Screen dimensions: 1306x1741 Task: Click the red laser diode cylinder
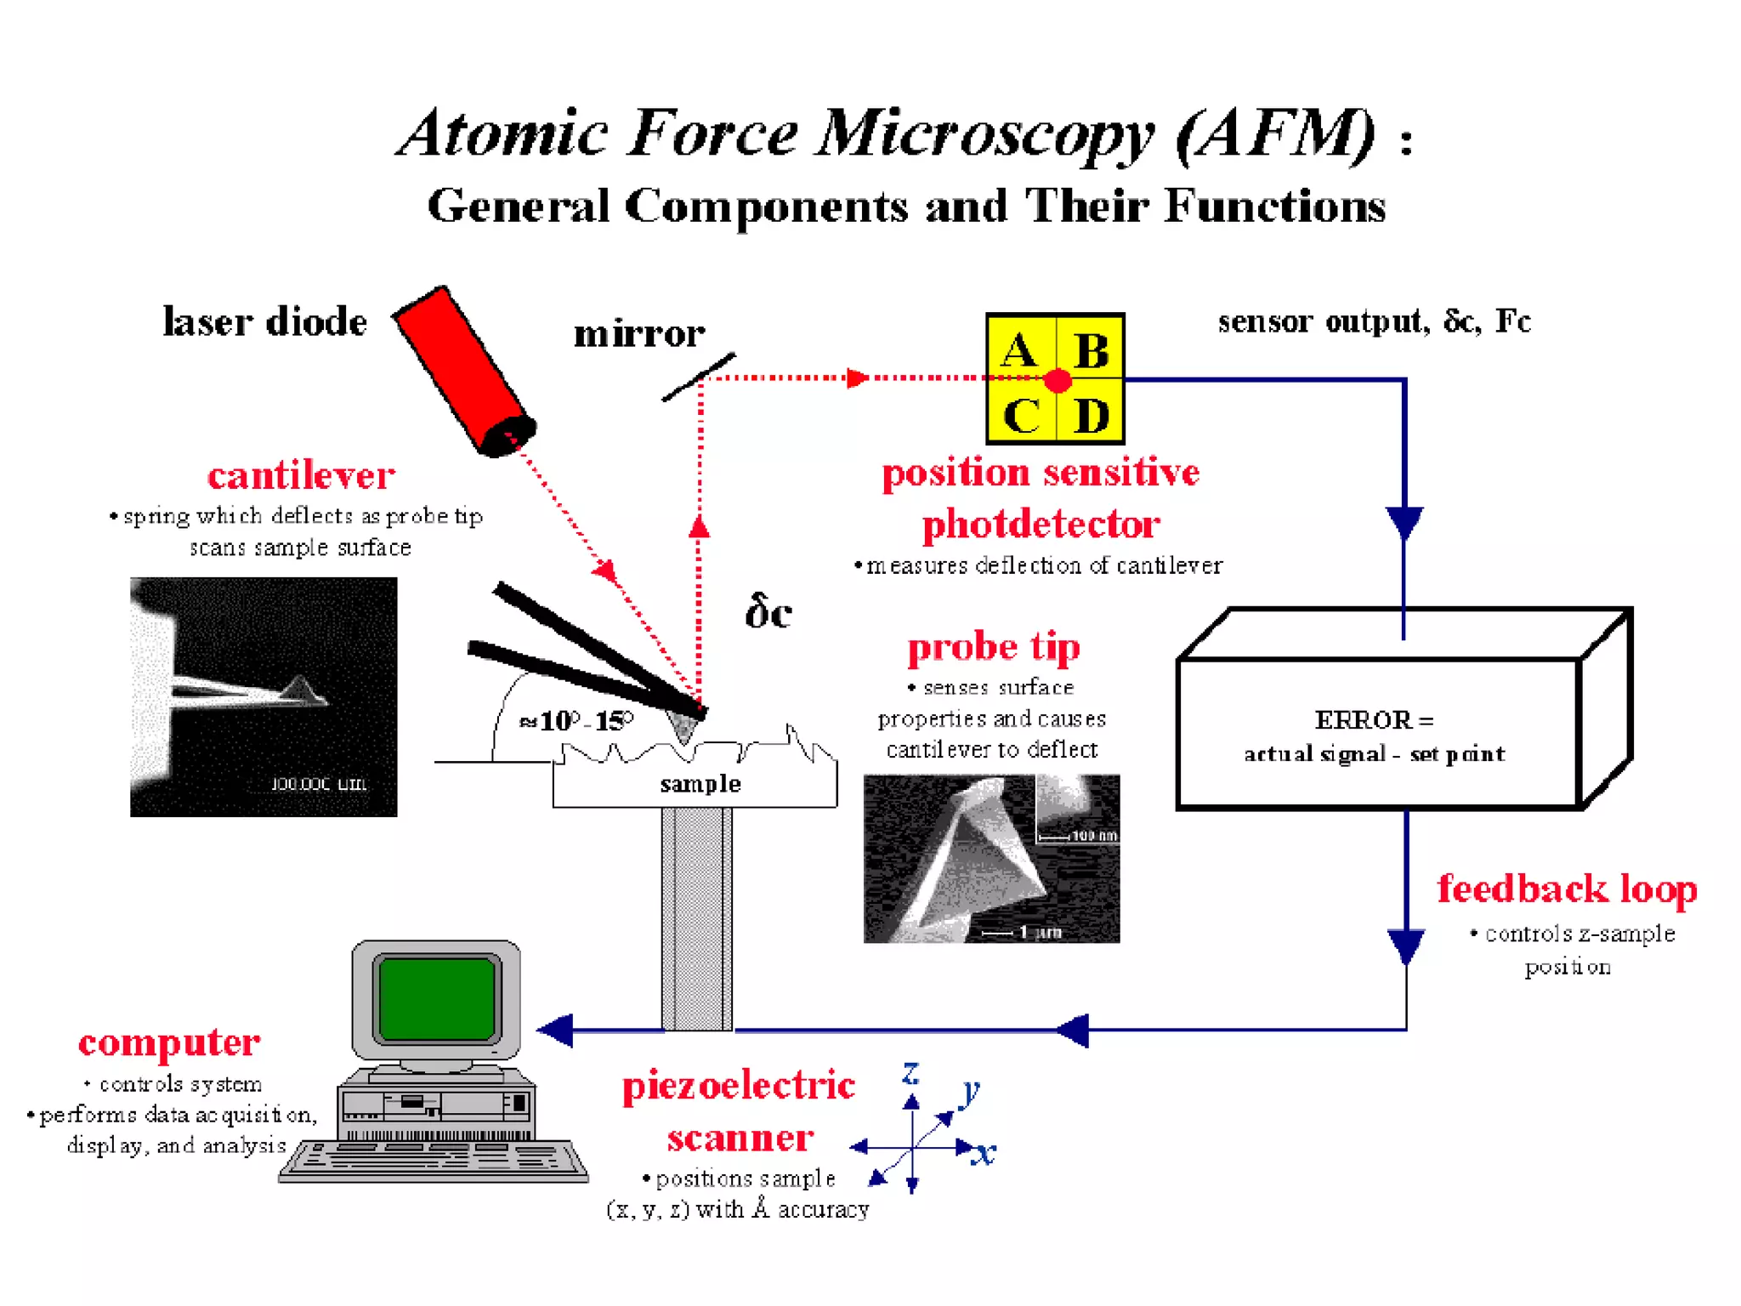click(x=463, y=370)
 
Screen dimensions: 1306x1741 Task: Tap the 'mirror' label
click(x=639, y=333)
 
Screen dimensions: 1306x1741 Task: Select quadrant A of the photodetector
click(x=1020, y=349)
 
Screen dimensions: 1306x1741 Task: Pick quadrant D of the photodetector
click(x=1091, y=415)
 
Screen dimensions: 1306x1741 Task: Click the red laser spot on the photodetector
click(x=1058, y=380)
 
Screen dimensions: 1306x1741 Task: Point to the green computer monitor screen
click(x=437, y=998)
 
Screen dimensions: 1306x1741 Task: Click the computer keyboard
click(x=434, y=1161)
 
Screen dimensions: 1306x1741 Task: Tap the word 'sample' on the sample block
click(x=700, y=784)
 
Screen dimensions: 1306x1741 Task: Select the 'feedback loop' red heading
click(x=1567, y=889)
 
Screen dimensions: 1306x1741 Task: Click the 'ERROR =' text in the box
click(x=1374, y=720)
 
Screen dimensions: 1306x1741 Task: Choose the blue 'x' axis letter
click(x=984, y=1153)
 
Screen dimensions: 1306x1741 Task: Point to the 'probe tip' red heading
click(x=994, y=648)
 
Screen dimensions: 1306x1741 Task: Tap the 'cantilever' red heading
click(x=301, y=475)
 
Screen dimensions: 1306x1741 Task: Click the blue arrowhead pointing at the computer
click(x=557, y=1031)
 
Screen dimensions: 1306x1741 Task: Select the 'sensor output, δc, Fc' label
click(x=1374, y=321)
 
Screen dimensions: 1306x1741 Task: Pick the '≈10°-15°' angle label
click(x=576, y=721)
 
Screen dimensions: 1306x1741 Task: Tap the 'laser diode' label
click(x=264, y=322)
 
